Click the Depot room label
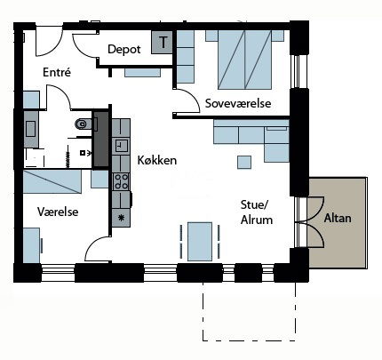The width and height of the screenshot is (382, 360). coord(124,49)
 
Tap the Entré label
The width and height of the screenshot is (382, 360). coord(57,72)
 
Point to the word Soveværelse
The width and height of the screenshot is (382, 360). coord(238,103)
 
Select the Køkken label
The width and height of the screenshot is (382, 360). coord(157,160)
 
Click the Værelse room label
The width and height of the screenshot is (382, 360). coord(58,212)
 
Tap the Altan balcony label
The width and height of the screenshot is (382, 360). coord(338,218)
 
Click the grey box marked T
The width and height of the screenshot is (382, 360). coord(162,42)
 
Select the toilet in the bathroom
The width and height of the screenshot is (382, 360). coord(84,124)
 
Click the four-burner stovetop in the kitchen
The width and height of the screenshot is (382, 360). coord(121,181)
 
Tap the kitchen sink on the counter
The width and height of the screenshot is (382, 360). coord(121,145)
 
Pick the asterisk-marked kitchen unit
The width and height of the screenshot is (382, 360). coord(121,218)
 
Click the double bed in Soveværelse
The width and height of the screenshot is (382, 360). coord(244,60)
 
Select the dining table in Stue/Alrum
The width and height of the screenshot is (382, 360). coord(200,242)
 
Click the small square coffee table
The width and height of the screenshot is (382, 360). coord(244,162)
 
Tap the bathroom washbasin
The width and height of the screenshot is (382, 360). coord(31,129)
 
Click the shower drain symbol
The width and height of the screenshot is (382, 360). coord(83,153)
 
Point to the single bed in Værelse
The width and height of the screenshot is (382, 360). coord(52,181)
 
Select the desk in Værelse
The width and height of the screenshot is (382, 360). coord(31,245)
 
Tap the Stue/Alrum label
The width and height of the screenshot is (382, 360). coord(257,212)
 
